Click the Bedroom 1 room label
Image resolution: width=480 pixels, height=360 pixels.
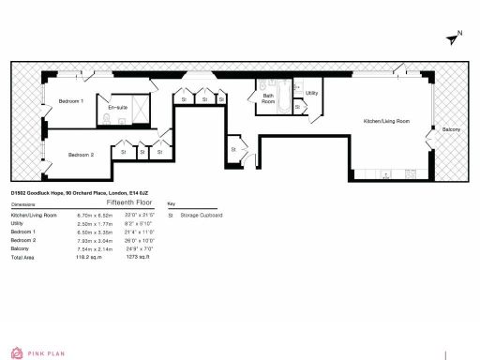71,100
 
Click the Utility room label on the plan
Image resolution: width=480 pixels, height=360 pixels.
312,94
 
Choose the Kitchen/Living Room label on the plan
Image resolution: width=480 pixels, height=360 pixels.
386,121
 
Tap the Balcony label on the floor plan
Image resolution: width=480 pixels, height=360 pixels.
452,128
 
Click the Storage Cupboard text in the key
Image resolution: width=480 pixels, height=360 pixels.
205,215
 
